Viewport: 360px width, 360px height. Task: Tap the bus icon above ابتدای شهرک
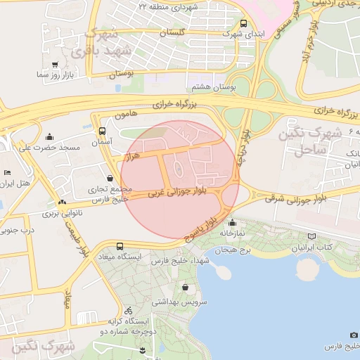coord(243,22)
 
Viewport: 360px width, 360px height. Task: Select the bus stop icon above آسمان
coord(103,131)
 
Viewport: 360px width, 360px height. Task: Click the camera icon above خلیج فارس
coord(354,335)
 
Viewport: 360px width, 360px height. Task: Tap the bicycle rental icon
coord(128,310)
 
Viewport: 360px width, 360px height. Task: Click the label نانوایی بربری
coord(63,212)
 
